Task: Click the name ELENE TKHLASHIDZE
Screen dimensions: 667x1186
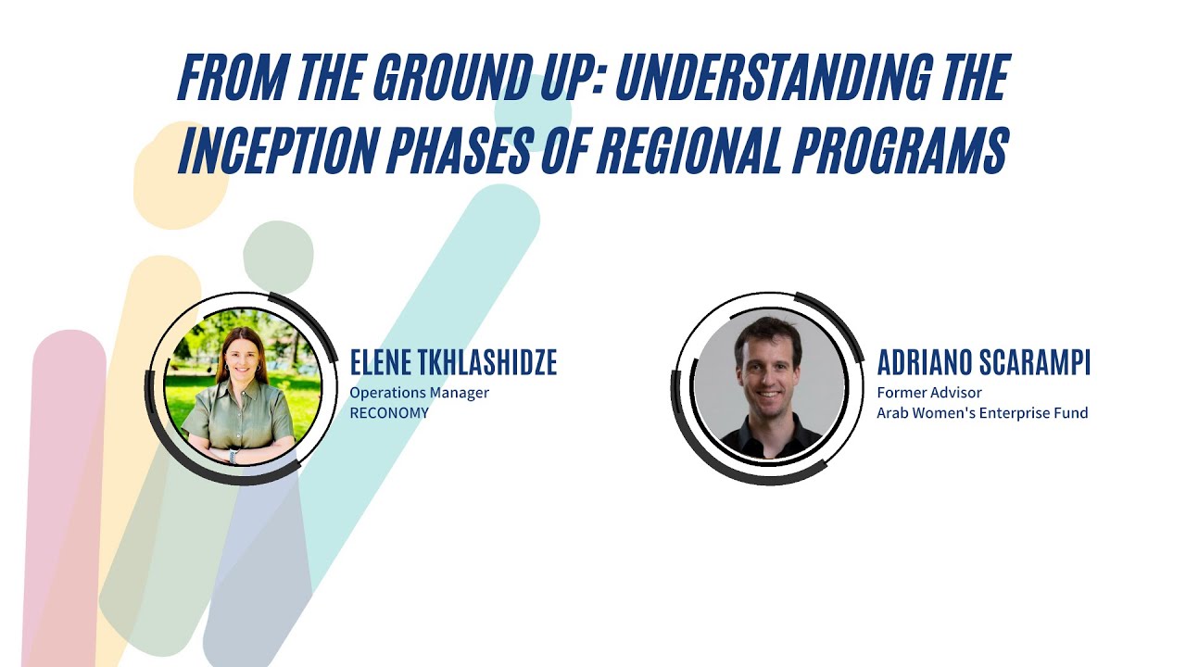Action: [x=453, y=363]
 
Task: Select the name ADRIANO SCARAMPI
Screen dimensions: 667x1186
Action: [x=983, y=363]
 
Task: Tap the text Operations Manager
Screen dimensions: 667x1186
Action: [x=419, y=393]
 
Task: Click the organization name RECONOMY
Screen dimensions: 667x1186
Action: [x=389, y=413]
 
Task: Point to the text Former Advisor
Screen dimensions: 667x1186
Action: [x=929, y=393]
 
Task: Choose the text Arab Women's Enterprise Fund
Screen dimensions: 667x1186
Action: [x=982, y=413]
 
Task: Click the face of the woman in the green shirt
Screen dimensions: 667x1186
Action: [x=240, y=353]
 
